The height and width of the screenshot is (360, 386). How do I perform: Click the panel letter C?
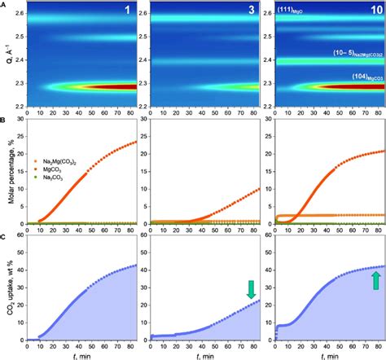pyautogui.click(x=4, y=238)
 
